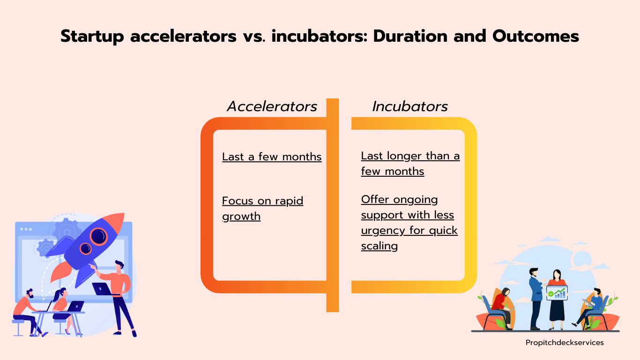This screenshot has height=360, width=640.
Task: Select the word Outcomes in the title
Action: (x=536, y=36)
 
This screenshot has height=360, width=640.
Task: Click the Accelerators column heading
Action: (x=272, y=106)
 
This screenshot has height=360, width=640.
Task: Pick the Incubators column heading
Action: (x=410, y=106)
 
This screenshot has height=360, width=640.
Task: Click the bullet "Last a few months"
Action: (x=272, y=157)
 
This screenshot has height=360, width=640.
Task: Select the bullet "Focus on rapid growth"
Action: (x=262, y=209)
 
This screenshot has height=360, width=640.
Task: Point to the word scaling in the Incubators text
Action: (x=379, y=246)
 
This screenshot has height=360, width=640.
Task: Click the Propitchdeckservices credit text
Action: (x=565, y=343)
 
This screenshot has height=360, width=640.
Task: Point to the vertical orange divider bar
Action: (x=333, y=205)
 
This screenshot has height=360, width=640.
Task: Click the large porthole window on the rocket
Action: (x=98, y=237)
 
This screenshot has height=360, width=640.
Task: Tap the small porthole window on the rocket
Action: (x=85, y=248)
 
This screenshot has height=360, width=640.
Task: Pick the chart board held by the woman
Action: (x=557, y=293)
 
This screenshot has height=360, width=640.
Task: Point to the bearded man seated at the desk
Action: (x=27, y=312)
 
